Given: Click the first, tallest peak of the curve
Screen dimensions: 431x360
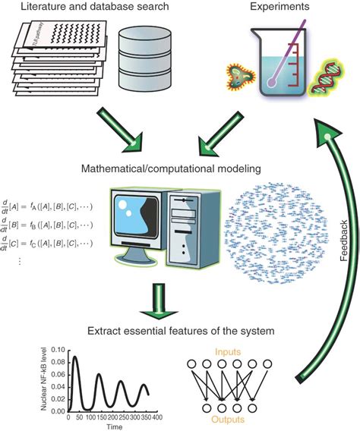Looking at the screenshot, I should click(74, 357).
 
